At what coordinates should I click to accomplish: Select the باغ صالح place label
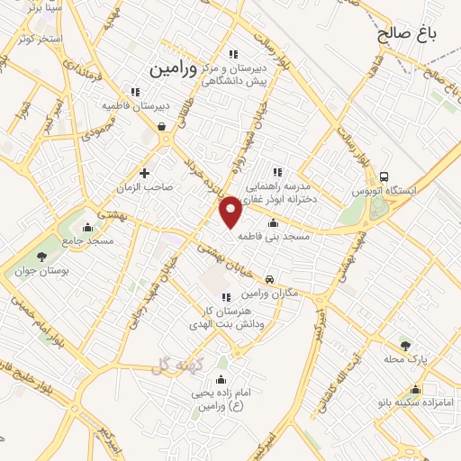[407, 34]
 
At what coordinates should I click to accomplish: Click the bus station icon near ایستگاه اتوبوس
[384, 176]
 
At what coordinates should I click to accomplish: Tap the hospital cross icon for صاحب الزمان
[144, 172]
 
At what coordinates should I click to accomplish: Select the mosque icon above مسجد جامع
[86, 226]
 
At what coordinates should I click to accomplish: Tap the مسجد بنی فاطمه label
[280, 236]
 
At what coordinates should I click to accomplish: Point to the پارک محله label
[404, 358]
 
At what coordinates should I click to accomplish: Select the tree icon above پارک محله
[404, 345]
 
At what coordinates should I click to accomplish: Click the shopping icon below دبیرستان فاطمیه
[161, 127]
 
